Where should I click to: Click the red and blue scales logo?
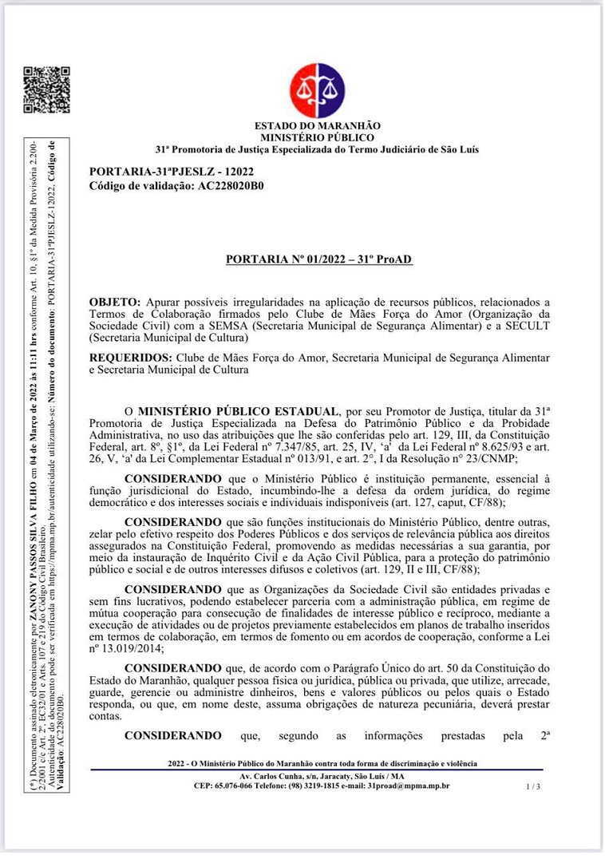click(x=317, y=90)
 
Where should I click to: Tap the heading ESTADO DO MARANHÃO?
click(x=317, y=126)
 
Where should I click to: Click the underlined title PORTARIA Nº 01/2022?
click(x=318, y=260)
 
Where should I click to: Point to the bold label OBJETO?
click(x=116, y=302)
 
